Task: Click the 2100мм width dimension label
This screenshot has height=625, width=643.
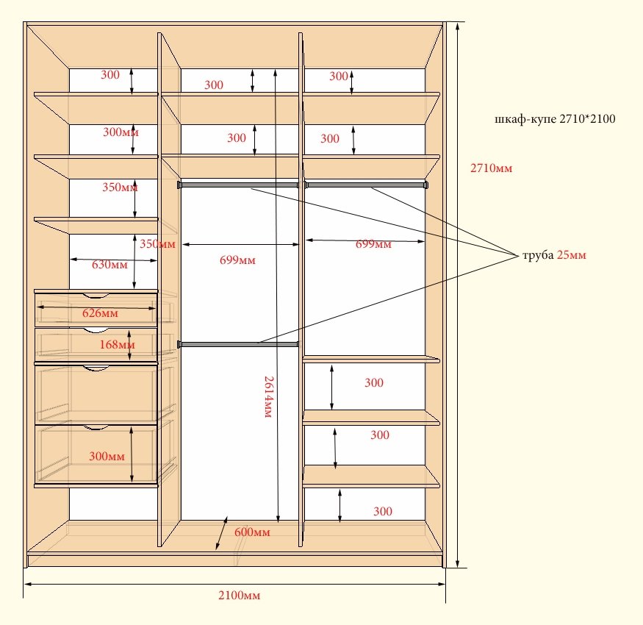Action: (239, 595)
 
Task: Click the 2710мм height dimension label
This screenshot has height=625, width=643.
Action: (492, 168)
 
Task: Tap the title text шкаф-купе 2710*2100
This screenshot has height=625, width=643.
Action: (555, 119)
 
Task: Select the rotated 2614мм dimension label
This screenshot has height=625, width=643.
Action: (269, 397)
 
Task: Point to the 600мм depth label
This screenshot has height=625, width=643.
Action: (252, 532)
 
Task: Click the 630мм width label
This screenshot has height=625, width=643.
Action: (109, 264)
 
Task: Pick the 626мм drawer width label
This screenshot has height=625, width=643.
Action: (100, 313)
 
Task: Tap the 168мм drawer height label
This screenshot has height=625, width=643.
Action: (118, 344)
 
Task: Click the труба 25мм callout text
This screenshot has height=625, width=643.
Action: (554, 255)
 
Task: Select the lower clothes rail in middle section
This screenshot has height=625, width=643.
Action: (238, 344)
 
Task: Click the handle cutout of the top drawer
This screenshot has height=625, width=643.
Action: (96, 296)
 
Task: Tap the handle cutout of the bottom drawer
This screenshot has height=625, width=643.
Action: (96, 428)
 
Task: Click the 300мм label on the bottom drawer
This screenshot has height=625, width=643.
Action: (107, 456)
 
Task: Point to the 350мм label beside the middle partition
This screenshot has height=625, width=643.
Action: (157, 244)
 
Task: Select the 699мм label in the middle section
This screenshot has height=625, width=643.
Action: (237, 260)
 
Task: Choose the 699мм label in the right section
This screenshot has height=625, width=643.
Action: (373, 244)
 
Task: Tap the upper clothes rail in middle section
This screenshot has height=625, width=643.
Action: (238, 185)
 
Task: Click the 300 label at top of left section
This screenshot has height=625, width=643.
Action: (110, 75)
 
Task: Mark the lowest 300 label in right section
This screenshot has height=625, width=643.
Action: (383, 511)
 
